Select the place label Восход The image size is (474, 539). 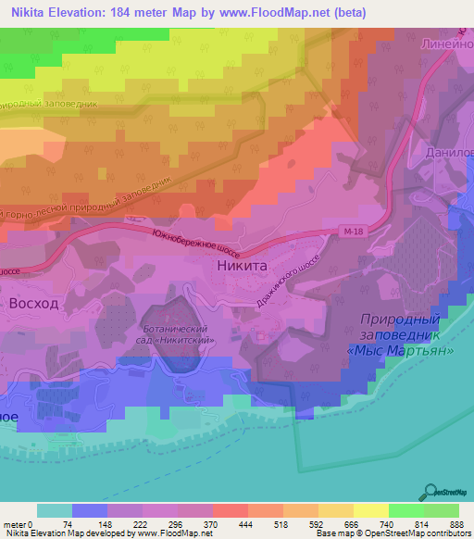[x=33, y=304]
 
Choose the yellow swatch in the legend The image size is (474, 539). [x=370, y=510]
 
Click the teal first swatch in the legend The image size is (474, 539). [x=55, y=510]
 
